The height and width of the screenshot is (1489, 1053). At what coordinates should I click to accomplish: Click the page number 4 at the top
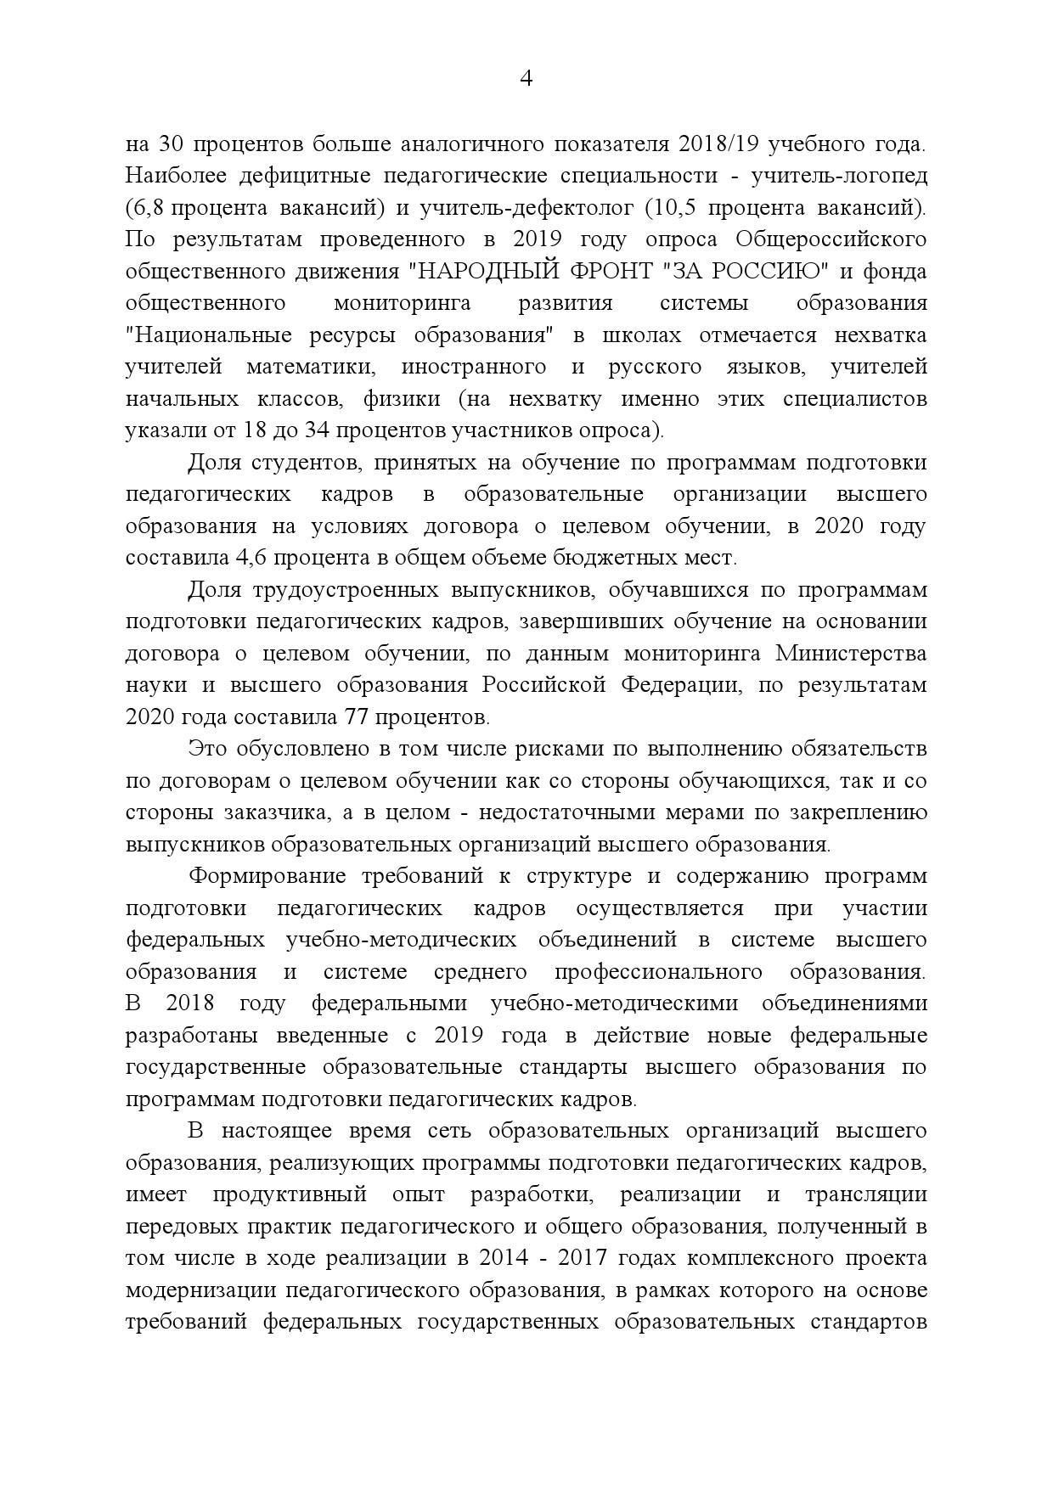click(x=526, y=79)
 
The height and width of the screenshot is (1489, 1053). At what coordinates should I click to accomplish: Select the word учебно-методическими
click(x=608, y=1003)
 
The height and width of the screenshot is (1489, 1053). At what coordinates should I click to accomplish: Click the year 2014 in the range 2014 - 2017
click(x=502, y=1258)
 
